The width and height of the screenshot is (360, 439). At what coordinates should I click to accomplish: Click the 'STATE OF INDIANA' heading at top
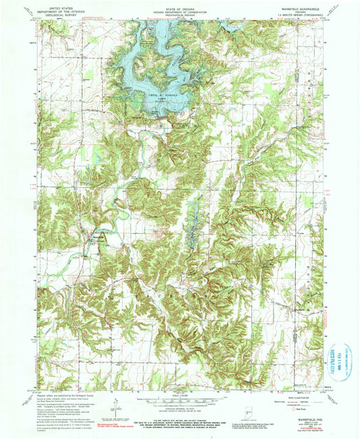(179, 6)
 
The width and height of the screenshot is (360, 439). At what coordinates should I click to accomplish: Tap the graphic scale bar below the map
(180, 401)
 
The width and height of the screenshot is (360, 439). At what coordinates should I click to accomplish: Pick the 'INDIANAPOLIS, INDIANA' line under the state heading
(179, 13)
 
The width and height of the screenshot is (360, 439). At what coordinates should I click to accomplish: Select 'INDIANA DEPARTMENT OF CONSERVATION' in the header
(179, 9)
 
